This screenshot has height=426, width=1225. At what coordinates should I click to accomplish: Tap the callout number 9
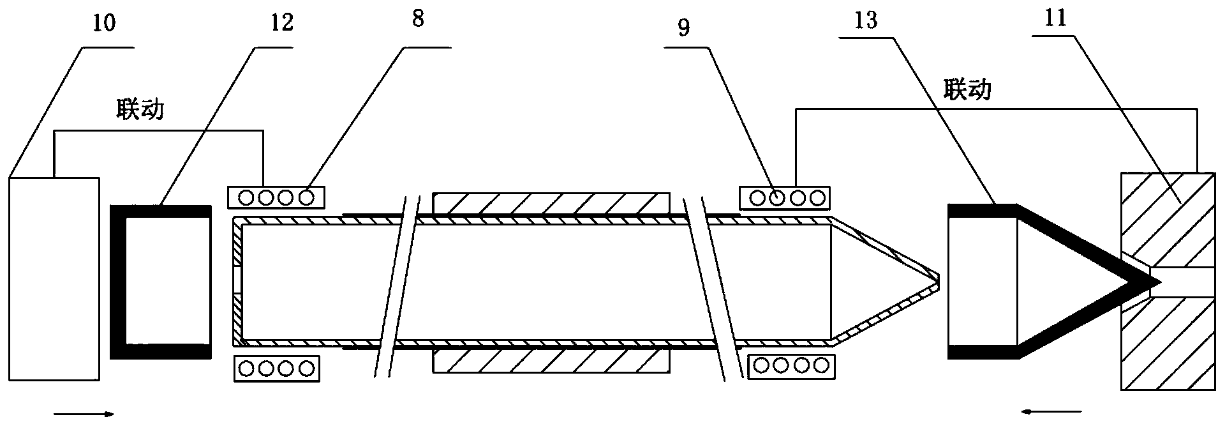pos(683,30)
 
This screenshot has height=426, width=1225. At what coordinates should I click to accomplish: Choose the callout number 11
pos(1053,19)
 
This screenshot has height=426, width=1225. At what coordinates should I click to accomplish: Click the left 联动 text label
pos(140,109)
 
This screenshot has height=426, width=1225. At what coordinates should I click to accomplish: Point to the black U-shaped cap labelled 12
pos(119,282)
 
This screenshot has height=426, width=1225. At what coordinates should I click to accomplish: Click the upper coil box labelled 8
pos(276,197)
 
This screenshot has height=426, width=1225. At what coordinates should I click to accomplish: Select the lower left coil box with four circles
pos(276,369)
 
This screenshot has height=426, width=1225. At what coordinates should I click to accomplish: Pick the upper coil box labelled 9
pos(783,197)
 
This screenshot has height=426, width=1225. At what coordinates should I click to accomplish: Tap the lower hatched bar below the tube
pos(551,361)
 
